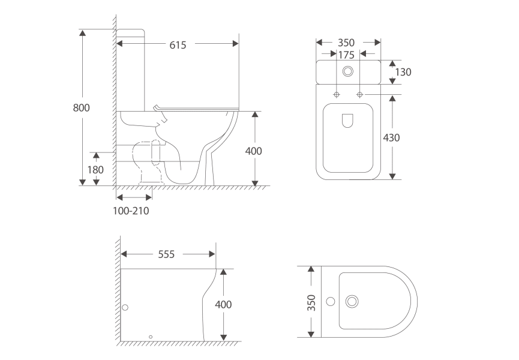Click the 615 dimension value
(178, 44)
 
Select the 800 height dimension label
(81, 107)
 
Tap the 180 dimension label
(95, 169)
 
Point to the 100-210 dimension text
(131, 211)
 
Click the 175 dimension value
(346, 55)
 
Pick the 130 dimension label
(403, 72)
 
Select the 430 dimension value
(391, 137)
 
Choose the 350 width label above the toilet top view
(346, 43)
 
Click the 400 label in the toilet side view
(254, 151)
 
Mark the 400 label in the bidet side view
(223, 304)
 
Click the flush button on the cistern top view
(347, 71)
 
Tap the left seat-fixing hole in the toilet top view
(337, 95)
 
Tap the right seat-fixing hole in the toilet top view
(359, 95)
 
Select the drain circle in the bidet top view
(352, 300)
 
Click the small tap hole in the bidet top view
(329, 300)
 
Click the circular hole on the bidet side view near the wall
(125, 307)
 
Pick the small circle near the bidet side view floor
(151, 337)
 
